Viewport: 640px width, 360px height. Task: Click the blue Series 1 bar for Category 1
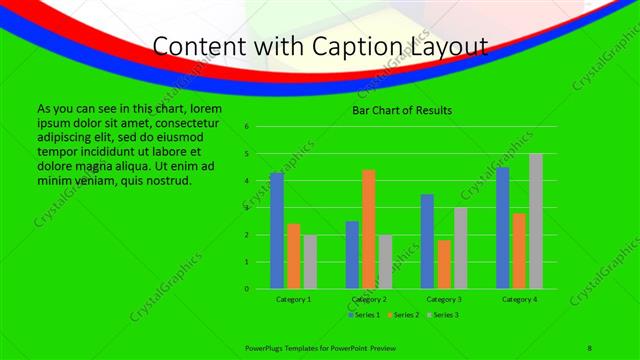277,231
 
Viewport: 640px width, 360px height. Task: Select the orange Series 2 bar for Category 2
369,229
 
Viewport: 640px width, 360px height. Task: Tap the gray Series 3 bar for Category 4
536,221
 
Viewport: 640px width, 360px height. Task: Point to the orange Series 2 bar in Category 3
444,264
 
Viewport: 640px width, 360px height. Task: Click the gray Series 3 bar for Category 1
310,262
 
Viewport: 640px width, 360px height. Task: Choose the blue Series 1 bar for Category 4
503,228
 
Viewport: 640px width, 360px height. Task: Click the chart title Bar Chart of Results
402,110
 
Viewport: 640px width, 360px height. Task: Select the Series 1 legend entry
364,315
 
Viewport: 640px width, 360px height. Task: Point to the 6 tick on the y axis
246,127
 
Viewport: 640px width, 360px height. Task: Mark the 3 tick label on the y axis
246,208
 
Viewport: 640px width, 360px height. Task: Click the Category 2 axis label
369,299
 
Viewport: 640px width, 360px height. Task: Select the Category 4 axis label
520,299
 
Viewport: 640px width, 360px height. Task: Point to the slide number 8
590,346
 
